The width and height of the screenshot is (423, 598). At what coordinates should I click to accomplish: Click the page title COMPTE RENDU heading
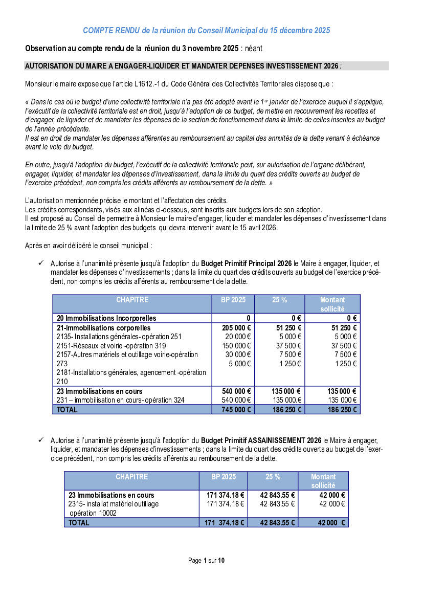tap(207, 31)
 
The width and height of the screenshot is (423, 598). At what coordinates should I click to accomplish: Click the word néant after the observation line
tap(254, 49)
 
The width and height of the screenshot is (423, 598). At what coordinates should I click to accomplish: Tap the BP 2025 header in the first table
tap(233, 300)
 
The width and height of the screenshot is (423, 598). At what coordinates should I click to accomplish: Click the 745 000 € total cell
tap(237, 409)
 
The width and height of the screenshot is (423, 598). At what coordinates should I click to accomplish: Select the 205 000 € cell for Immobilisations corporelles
tap(237, 327)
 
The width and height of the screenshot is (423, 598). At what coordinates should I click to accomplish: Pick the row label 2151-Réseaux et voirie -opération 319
tap(111, 346)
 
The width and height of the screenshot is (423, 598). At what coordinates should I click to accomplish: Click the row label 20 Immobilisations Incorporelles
tap(106, 318)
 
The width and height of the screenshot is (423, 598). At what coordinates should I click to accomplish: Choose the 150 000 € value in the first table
tap(237, 346)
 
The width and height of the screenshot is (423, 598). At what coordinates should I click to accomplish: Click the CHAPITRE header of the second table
tap(131, 477)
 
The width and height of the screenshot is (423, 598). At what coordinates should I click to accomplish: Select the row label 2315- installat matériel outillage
tap(114, 504)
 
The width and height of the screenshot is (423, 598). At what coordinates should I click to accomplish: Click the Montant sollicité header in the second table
tap(323, 481)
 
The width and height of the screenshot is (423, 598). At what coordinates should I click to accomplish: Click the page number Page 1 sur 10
tap(206, 560)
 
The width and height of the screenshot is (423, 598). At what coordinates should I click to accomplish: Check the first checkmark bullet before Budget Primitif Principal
tap(41, 263)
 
